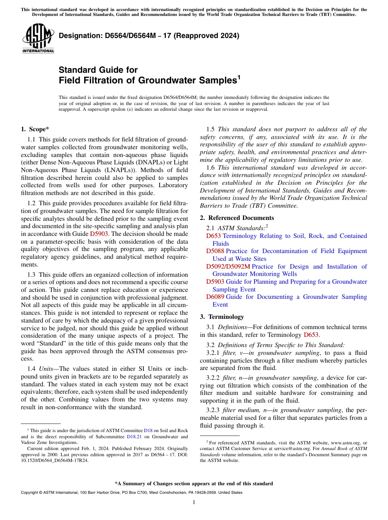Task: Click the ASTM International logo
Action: pyautogui.click(x=38, y=39)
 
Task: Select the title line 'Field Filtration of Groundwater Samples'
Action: pyautogui.click(x=149, y=81)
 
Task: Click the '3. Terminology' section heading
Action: pyautogui.click(x=222, y=317)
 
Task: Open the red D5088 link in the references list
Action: pyautogui.click(x=215, y=251)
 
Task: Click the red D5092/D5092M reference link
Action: pyautogui.click(x=228, y=267)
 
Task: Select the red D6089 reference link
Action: pyautogui.click(x=215, y=297)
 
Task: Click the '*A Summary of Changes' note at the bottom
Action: pyautogui.click(x=194, y=484)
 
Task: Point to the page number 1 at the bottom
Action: pyautogui.click(x=194, y=502)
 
